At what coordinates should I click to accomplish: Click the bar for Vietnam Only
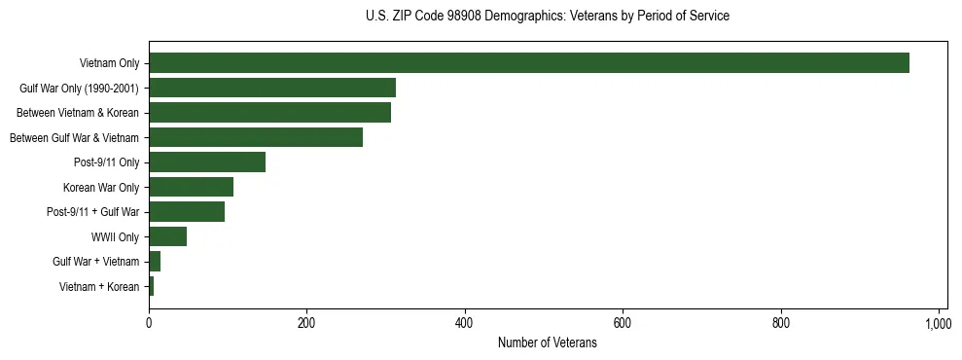[x=529, y=63]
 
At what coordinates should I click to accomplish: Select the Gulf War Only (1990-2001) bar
[x=272, y=89]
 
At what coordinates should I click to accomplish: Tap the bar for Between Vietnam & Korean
[x=269, y=113]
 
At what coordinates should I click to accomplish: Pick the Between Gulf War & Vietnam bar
[x=256, y=137]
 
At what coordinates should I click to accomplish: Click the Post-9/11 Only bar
[x=207, y=162]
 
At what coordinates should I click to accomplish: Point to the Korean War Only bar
[x=191, y=187]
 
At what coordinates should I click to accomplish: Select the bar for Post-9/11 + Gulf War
[x=187, y=212]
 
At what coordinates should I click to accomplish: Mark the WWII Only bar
[x=167, y=236]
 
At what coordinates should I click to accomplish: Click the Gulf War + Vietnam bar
[x=155, y=262]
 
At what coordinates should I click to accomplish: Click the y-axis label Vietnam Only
[x=109, y=64]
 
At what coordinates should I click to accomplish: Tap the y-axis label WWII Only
[x=115, y=236]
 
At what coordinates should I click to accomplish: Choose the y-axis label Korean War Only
[x=101, y=187]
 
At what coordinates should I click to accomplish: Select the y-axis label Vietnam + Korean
[x=99, y=286]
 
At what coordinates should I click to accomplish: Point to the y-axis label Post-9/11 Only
[x=107, y=162]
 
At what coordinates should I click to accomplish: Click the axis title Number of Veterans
[x=548, y=342]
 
